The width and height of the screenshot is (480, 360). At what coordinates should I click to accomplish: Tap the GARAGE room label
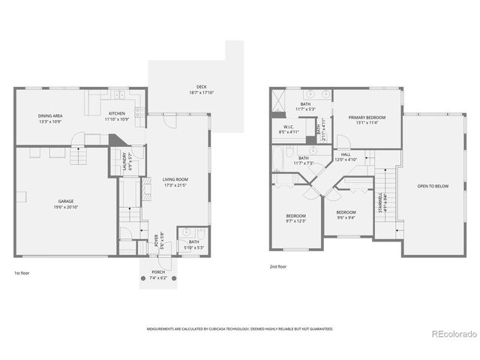tap(66, 201)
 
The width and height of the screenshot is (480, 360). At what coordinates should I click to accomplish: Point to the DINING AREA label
tap(50, 115)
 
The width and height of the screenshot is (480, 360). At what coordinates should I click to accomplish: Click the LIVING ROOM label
tap(175, 179)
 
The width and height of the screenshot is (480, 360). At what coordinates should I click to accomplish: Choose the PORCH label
tap(158, 272)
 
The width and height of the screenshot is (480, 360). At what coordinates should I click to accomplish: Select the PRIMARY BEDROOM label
tap(367, 118)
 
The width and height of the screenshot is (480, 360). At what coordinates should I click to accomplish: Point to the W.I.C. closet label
tap(289, 127)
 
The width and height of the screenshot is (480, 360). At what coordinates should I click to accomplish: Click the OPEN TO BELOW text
tap(433, 186)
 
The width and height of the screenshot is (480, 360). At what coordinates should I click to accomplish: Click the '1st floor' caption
tap(22, 273)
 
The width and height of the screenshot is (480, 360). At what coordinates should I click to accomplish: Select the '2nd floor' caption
tap(279, 266)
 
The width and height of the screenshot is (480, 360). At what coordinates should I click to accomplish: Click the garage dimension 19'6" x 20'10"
tap(66, 206)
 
